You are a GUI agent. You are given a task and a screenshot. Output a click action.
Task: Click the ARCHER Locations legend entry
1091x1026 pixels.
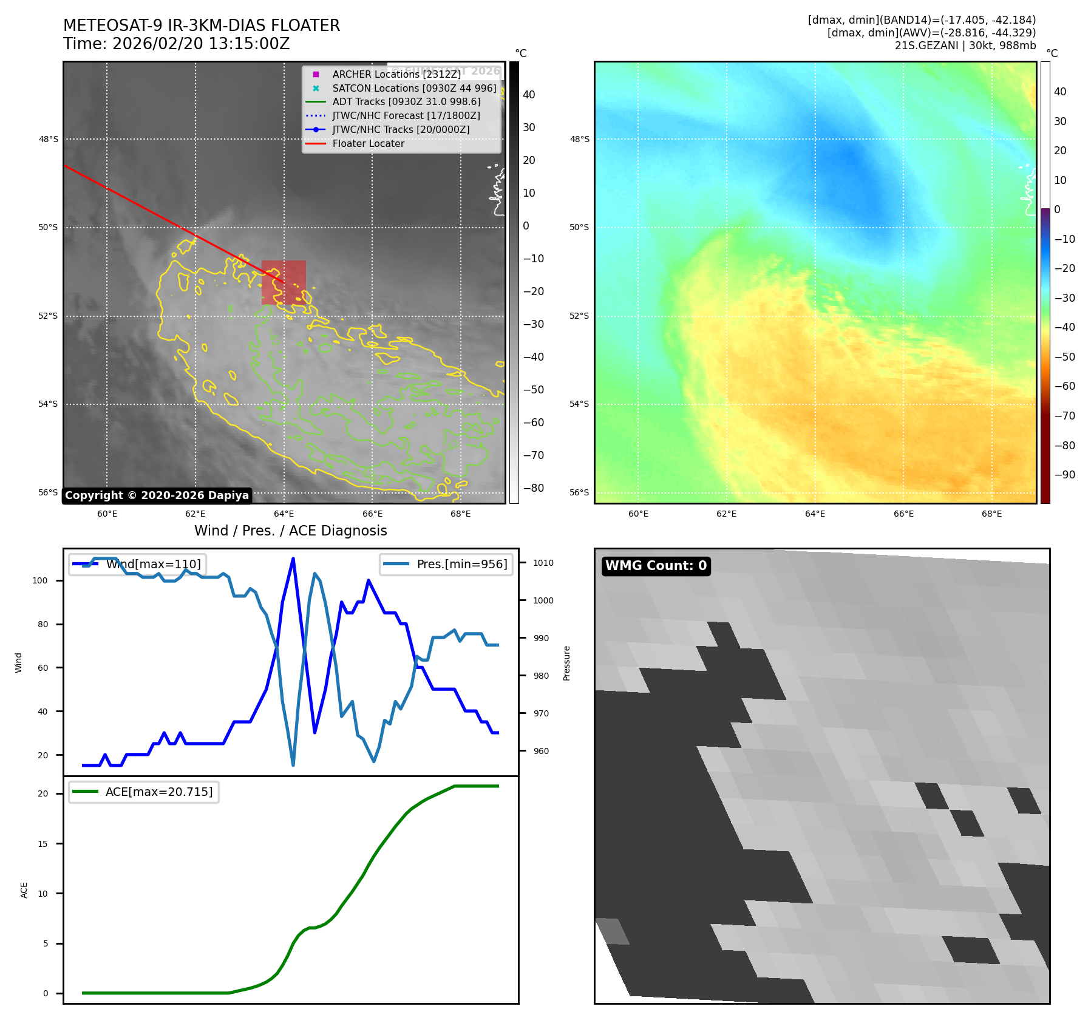[396, 74]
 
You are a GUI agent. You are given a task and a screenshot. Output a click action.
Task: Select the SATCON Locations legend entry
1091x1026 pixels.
[413, 88]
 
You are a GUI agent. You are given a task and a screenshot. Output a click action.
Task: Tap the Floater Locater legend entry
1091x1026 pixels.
[368, 143]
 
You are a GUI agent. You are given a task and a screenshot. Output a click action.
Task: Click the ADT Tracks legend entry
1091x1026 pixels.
[406, 102]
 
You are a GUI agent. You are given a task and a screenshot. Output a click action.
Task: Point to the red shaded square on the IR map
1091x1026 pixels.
[284, 282]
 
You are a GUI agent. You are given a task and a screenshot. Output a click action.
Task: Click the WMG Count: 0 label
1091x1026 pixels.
[656, 566]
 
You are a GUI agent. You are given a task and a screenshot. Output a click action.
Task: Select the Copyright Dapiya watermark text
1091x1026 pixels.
[157, 495]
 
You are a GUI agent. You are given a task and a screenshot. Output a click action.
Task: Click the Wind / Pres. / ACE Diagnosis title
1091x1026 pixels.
[290, 531]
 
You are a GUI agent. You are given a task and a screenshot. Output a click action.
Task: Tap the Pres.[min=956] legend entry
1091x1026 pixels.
[461, 564]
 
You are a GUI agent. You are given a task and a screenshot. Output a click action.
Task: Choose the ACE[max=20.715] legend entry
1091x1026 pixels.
[158, 792]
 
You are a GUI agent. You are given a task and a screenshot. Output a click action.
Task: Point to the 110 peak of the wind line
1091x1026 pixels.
[293, 559]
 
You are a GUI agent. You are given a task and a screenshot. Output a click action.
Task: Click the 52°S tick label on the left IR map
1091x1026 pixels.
[49, 316]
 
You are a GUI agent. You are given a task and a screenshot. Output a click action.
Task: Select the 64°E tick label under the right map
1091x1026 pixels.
[815, 514]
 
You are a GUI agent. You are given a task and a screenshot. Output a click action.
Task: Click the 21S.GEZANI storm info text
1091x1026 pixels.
[965, 46]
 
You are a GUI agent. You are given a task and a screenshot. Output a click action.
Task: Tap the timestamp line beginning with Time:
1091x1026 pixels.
[176, 44]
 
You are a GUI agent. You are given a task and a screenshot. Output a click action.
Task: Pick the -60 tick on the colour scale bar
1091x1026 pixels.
[534, 423]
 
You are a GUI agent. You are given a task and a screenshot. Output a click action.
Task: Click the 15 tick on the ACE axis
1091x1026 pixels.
[42, 844]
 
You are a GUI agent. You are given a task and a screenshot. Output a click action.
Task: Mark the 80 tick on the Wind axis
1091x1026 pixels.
[42, 624]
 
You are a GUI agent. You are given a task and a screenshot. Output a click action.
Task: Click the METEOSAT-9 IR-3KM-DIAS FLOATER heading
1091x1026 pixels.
[202, 25]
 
